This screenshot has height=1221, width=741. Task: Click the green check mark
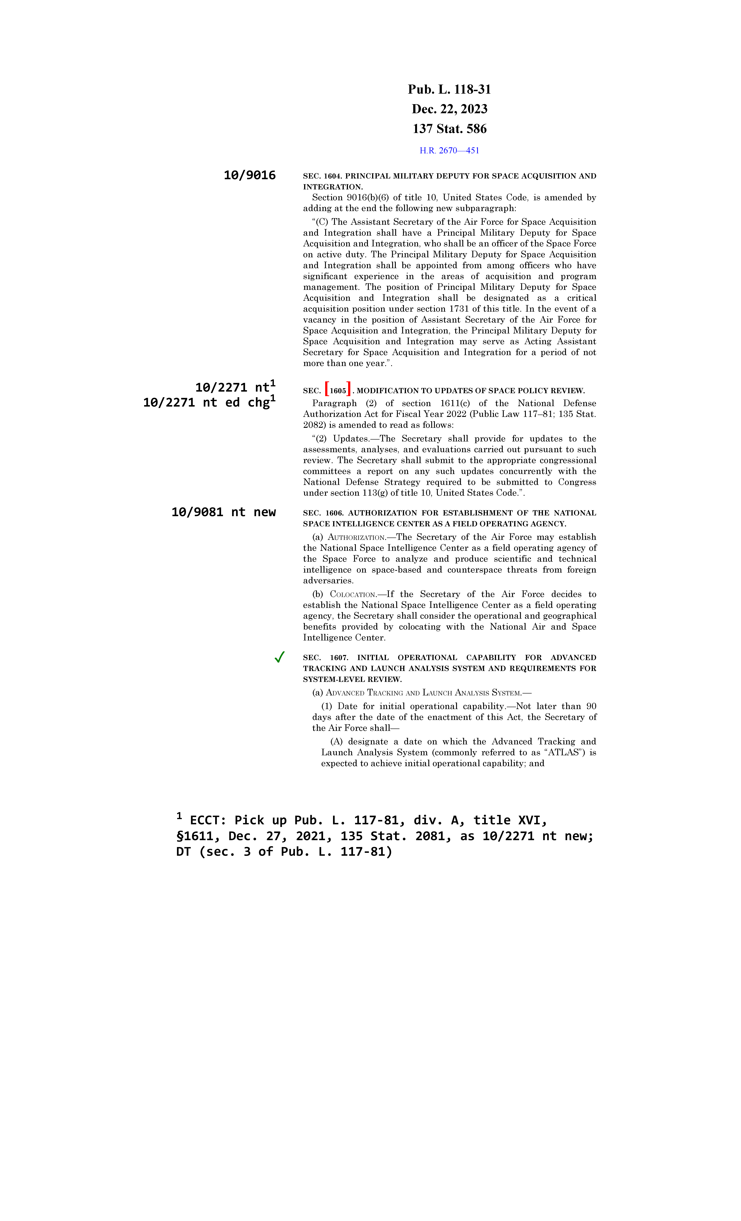pyautogui.click(x=279, y=657)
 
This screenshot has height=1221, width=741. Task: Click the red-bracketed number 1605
pyautogui.click(x=338, y=390)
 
